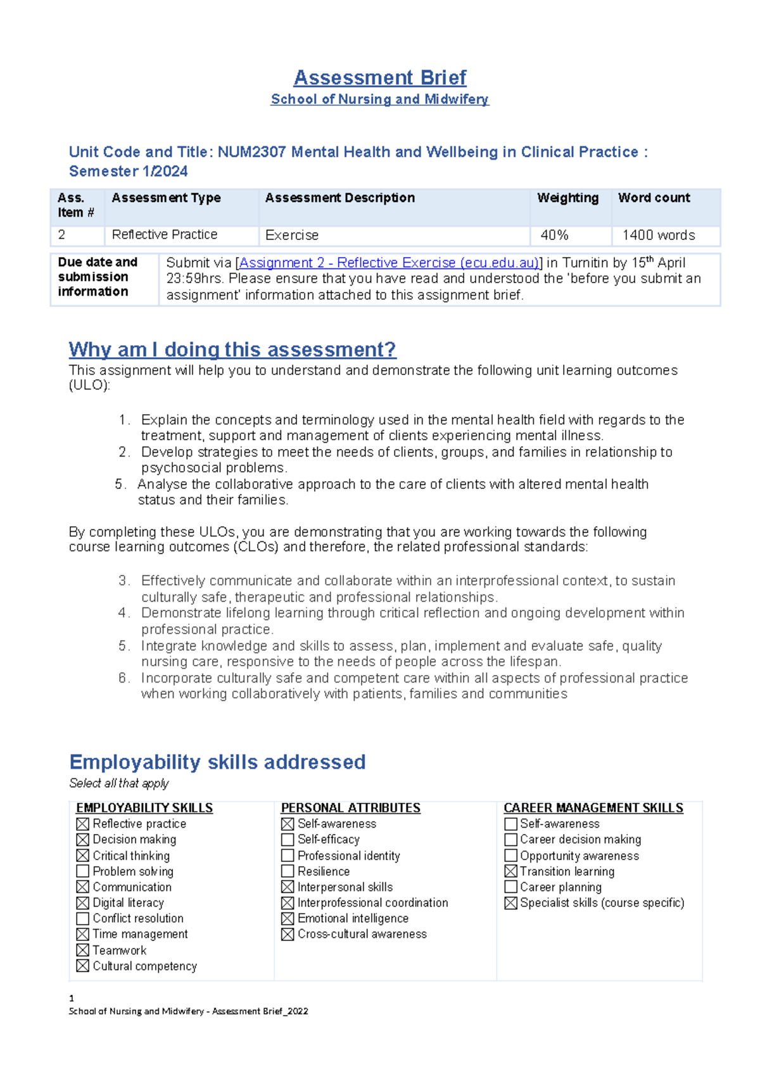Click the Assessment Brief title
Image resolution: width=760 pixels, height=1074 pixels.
379,77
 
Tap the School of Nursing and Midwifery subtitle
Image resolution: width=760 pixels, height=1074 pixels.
379,99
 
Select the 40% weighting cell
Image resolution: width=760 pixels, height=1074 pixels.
554,235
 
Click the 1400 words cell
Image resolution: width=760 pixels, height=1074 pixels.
658,235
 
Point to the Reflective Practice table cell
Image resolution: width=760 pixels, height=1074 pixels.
165,235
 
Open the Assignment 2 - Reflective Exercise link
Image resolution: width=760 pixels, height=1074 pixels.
389,263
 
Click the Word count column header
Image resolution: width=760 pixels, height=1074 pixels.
654,198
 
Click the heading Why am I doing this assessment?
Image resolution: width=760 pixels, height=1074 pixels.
232,349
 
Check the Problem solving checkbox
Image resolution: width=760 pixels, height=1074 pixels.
83,871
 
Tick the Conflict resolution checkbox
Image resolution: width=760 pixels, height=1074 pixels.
83,918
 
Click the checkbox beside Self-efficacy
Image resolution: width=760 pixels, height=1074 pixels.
288,840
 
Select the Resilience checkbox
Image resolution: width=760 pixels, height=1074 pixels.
288,871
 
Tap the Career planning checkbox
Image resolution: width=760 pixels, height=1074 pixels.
510,887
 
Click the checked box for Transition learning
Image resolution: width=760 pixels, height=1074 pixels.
510,871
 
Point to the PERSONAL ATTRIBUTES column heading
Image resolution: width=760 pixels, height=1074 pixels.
350,808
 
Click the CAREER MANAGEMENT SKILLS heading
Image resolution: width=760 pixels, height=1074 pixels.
593,808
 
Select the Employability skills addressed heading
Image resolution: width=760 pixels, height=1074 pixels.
217,762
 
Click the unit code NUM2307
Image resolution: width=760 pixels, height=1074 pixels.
251,152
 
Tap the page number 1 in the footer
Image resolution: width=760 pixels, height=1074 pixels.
72,998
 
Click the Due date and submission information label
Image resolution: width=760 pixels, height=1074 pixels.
98,277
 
